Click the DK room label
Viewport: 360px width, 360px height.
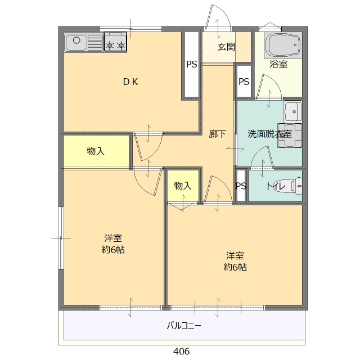click(x=131, y=82)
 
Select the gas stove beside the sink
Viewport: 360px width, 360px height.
click(x=115, y=43)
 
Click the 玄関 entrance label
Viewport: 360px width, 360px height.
click(x=227, y=47)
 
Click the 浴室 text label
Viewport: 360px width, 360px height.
click(x=278, y=64)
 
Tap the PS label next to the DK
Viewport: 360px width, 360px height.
click(x=192, y=64)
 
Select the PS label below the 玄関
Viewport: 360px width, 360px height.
click(x=244, y=82)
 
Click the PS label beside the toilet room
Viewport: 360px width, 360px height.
click(x=241, y=186)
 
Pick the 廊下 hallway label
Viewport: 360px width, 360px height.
click(x=218, y=134)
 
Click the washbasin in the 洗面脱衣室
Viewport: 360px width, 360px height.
click(x=292, y=111)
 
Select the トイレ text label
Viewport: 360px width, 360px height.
click(x=276, y=186)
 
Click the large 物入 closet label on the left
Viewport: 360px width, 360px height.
click(x=96, y=151)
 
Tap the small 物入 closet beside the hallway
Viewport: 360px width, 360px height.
click(x=183, y=186)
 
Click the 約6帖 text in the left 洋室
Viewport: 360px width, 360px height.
click(x=113, y=250)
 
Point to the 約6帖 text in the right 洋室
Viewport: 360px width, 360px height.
click(x=235, y=267)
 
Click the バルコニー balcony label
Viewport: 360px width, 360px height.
click(x=183, y=325)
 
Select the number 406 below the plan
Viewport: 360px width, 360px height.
click(x=181, y=352)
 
